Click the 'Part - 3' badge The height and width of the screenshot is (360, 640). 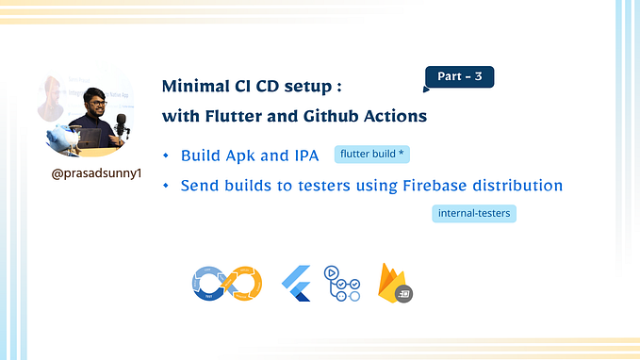[x=460, y=77]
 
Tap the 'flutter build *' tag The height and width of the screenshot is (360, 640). [x=372, y=155]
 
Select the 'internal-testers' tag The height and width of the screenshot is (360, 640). [x=475, y=213]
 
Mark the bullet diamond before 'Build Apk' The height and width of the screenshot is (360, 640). [x=166, y=155]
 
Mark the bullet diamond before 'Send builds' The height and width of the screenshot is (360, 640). [x=166, y=186]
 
